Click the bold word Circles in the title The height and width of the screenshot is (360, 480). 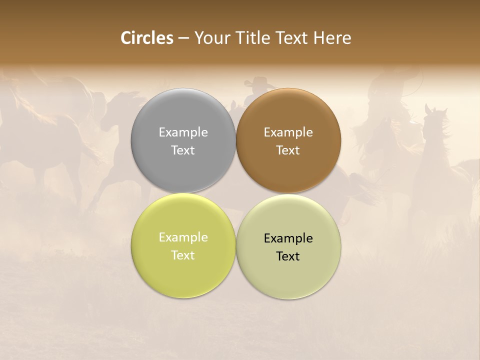[x=147, y=38]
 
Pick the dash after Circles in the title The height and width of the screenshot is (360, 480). [x=183, y=38]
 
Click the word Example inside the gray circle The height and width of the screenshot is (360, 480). [x=183, y=132]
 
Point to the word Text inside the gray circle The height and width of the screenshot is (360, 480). [x=183, y=150]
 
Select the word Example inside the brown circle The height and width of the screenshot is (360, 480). [x=288, y=132]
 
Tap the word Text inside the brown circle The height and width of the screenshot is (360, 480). [x=288, y=150]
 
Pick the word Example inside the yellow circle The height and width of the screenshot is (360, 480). [x=183, y=237]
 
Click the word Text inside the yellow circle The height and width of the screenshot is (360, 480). [x=183, y=255]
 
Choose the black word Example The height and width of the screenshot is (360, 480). [x=288, y=238]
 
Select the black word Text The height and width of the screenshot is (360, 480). [x=288, y=256]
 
